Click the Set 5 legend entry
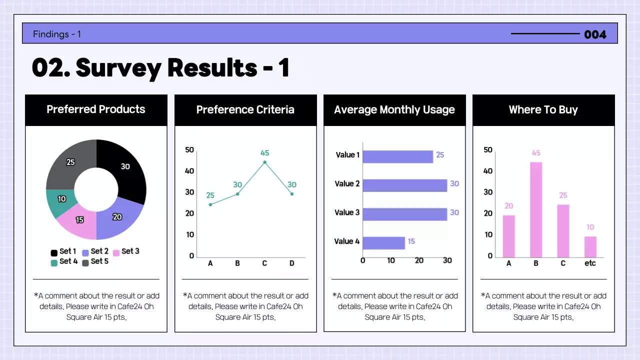(x=95, y=261)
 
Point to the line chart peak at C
(x=264, y=162)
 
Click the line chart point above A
(x=210, y=204)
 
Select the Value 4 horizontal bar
(x=383, y=242)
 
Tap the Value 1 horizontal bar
(x=397, y=156)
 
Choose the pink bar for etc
(x=590, y=246)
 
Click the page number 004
(x=595, y=34)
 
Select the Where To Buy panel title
(x=543, y=110)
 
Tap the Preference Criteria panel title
(x=245, y=110)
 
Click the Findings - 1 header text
(x=57, y=34)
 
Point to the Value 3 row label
(x=347, y=212)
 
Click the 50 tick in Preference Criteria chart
(x=189, y=150)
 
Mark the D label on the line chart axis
(x=292, y=263)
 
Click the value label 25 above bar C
(x=563, y=195)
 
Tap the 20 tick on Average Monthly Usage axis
(x=419, y=260)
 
